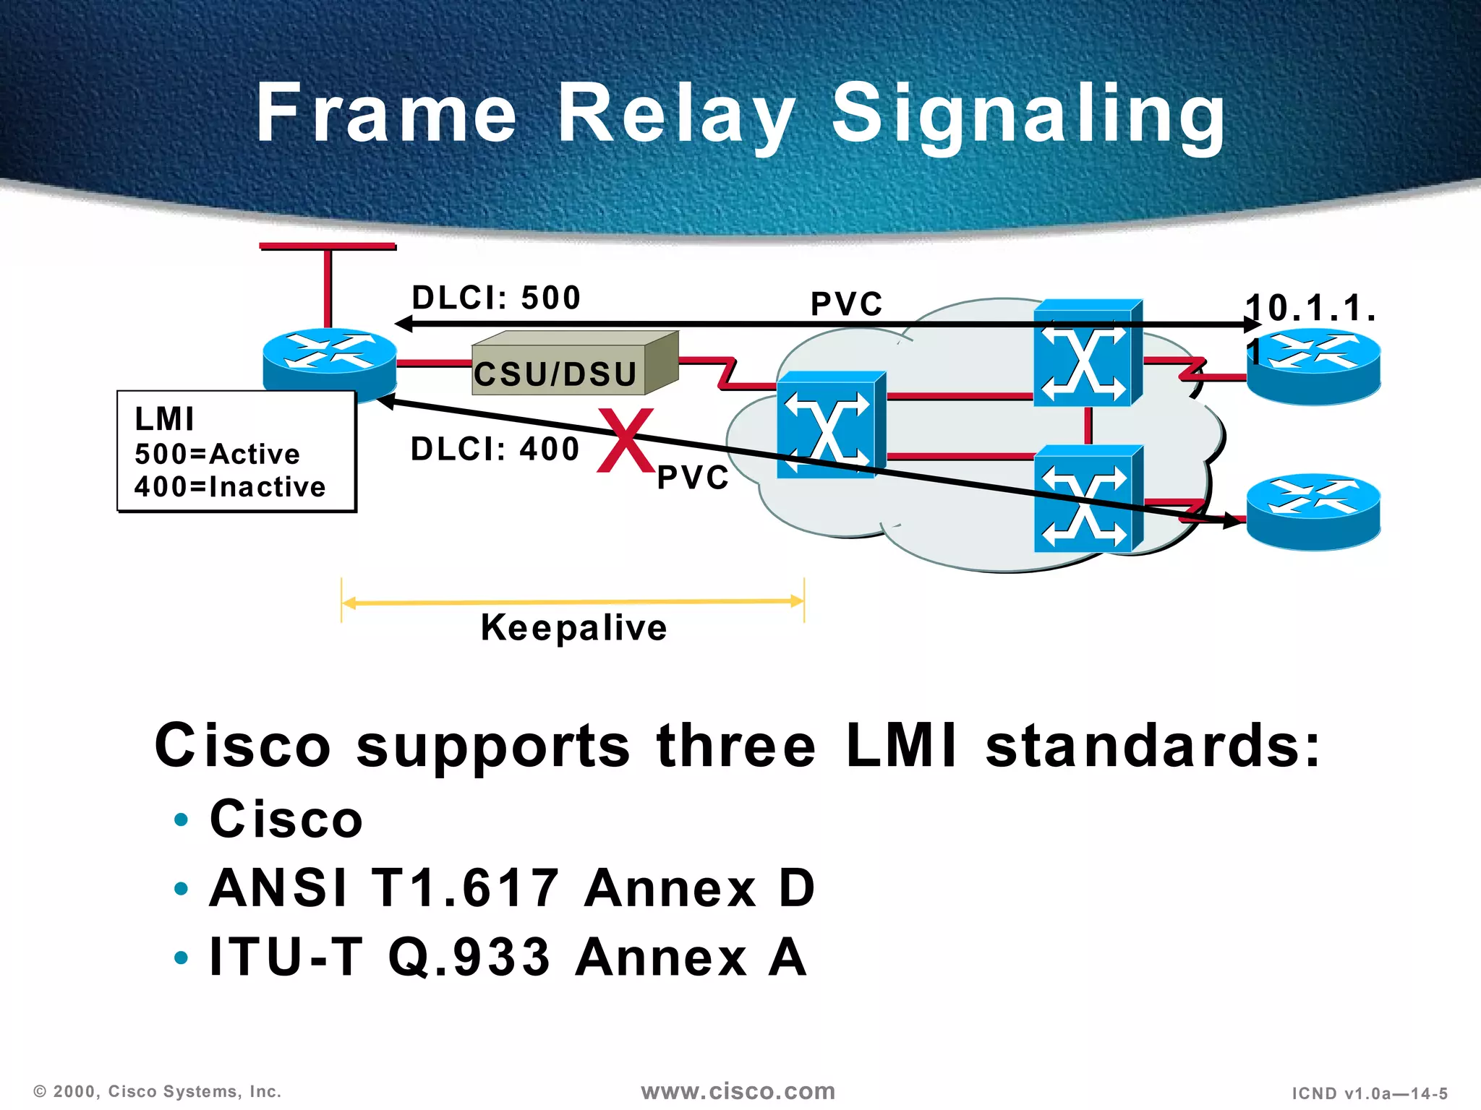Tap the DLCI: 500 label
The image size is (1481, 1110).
pos(496,298)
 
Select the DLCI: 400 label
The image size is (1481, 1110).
pos(495,449)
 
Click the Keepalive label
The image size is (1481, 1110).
pos(573,627)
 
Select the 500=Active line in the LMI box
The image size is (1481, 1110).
pos(217,455)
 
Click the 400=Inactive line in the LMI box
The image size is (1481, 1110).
pos(230,487)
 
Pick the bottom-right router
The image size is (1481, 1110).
pos(1313,512)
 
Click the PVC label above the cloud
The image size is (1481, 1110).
pos(846,304)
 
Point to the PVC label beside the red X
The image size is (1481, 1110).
pos(693,478)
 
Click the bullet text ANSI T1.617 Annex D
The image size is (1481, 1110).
pos(512,888)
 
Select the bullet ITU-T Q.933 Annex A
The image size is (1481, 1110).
pos(508,958)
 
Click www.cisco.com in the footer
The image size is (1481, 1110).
pos(738,1091)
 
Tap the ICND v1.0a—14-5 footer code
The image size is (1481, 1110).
pos(1370,1093)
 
